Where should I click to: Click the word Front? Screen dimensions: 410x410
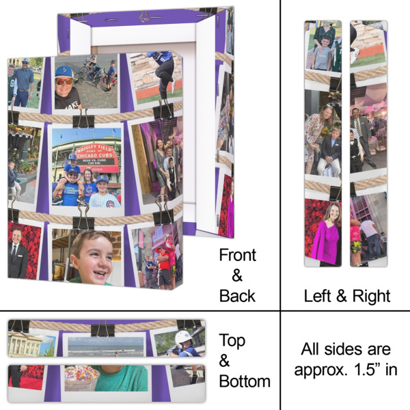pos(237,256)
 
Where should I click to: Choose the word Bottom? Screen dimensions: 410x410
pos(245,381)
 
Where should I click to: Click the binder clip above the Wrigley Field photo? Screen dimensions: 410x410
pos(84,118)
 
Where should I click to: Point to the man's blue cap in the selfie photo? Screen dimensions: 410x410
pos(64,71)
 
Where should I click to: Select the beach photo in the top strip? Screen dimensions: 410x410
pos(105,345)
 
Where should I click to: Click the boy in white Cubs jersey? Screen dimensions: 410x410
pos(103,193)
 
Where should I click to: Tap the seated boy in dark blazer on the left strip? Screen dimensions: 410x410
pos(331,154)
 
